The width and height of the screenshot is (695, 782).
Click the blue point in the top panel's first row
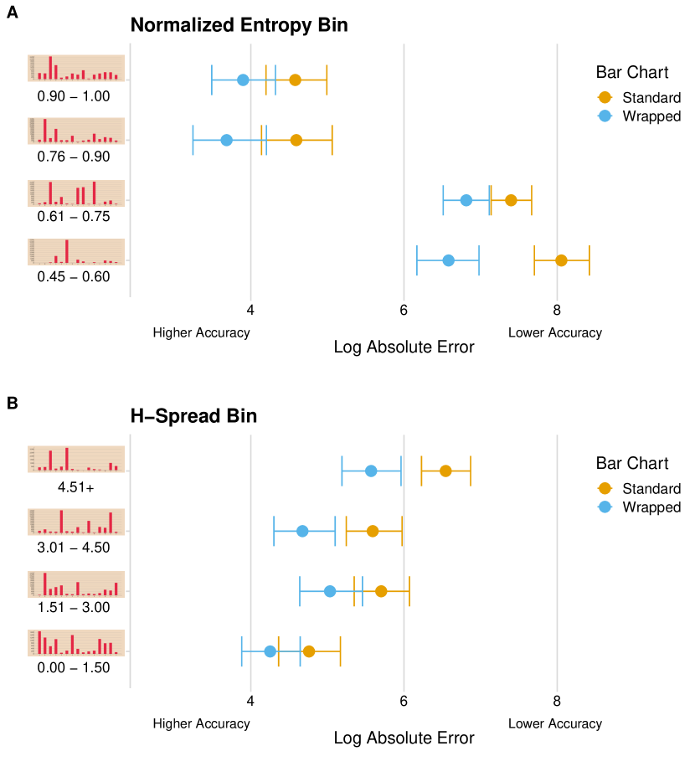pyautogui.click(x=243, y=80)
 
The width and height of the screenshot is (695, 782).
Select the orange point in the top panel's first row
pyautogui.click(x=295, y=80)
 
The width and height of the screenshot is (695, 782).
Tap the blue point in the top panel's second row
pyautogui.click(x=226, y=140)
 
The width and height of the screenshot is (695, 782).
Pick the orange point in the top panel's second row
pyautogui.click(x=296, y=140)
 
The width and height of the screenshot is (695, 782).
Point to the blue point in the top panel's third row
pyautogui.click(x=466, y=200)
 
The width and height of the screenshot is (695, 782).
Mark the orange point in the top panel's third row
pyautogui.click(x=511, y=200)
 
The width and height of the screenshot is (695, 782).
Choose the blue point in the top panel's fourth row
pyautogui.click(x=448, y=260)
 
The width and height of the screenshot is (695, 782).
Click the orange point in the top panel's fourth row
pyautogui.click(x=561, y=260)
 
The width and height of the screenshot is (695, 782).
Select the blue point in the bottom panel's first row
pyautogui.click(x=371, y=471)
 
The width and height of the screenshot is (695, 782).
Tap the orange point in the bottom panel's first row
pyautogui.click(x=445, y=471)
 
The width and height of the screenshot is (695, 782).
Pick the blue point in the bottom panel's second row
pyautogui.click(x=302, y=531)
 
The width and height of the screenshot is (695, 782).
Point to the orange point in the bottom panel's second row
pyautogui.click(x=373, y=531)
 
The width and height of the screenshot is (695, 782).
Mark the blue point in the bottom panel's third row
pyautogui.click(x=330, y=591)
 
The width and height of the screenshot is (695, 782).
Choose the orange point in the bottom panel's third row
pyautogui.click(x=381, y=591)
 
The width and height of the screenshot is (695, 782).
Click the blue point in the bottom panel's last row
pyautogui.click(x=270, y=651)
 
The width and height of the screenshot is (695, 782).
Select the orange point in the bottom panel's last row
pyautogui.click(x=308, y=651)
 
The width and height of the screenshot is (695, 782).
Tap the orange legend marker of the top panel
pyautogui.click(x=605, y=97)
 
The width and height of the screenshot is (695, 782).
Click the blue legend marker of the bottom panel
pyautogui.click(x=605, y=507)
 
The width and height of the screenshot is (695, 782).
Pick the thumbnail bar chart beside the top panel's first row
pyautogui.click(x=76, y=68)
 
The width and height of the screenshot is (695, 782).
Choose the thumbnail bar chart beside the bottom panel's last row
pyautogui.click(x=76, y=643)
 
